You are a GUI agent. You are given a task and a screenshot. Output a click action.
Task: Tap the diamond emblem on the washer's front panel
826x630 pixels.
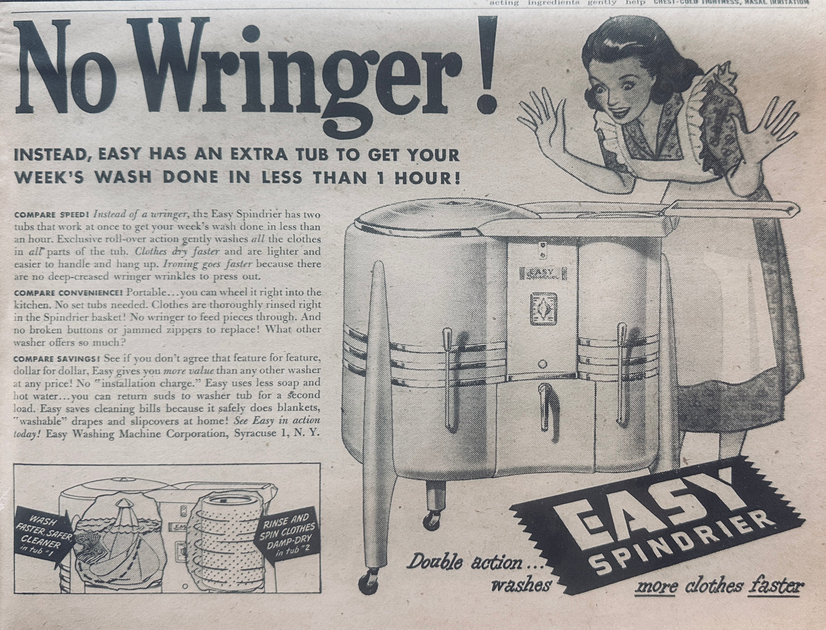click(x=544, y=308)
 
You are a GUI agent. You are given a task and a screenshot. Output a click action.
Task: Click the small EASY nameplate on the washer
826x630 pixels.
click(x=542, y=273)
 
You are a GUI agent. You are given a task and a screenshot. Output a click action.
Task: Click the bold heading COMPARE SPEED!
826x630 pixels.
click(x=51, y=215)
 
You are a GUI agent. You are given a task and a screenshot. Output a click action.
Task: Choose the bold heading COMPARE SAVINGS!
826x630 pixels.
click(x=57, y=358)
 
